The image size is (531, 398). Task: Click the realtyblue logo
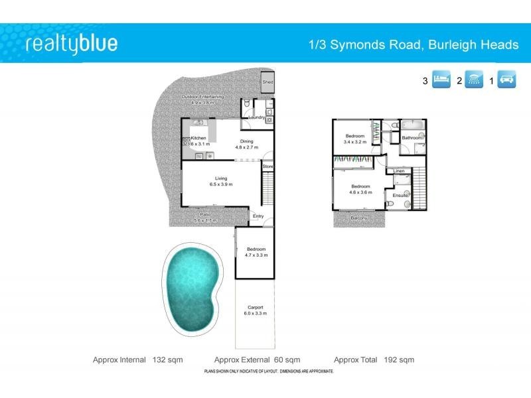[71, 44]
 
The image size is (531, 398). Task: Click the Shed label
[268, 82]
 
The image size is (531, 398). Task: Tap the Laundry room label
[258, 117]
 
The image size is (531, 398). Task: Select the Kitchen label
[198, 138]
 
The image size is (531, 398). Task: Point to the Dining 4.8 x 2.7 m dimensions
[246, 147]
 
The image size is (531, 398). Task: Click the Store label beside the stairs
[267, 166]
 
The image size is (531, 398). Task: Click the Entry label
[258, 216]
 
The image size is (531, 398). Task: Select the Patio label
[205, 214]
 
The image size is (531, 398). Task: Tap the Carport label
[256, 307]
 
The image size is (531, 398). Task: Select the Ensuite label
[400, 196]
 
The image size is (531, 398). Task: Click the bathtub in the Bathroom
[413, 125]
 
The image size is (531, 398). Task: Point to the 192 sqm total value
[399, 360]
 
